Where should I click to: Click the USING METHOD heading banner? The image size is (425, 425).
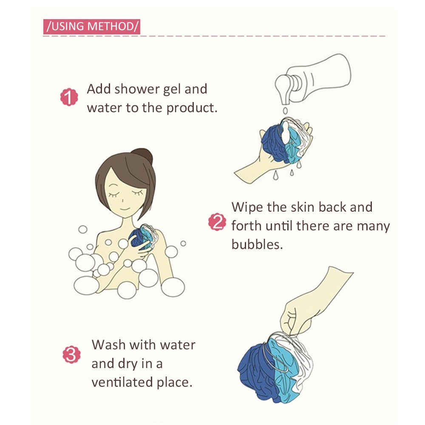point(92,26)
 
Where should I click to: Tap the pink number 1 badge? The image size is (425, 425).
point(69,97)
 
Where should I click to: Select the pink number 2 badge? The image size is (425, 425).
point(217,222)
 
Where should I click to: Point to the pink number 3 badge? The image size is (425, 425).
point(71,354)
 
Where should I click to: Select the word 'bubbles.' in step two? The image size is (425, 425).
point(257,244)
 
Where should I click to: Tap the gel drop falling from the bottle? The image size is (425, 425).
point(285,110)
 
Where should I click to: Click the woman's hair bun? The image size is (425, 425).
point(143,156)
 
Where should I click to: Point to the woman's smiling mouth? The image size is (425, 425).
point(125,209)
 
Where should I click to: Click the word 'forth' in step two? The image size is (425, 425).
point(246,226)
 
